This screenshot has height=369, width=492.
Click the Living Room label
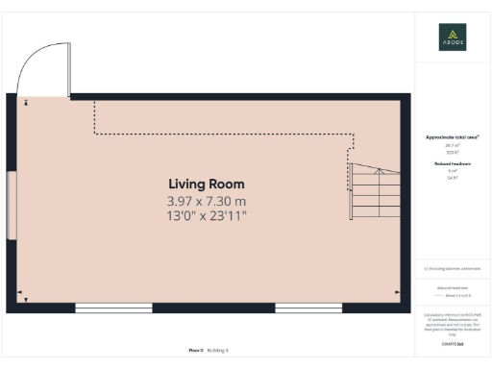point(207,184)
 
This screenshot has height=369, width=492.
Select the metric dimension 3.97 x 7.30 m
point(207,201)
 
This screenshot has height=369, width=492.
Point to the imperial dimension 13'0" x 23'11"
point(207,216)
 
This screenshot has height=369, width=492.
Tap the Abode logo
point(452,37)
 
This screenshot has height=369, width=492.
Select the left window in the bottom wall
point(112,307)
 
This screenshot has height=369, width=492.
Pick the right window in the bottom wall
point(302,307)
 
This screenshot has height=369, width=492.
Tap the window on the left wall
point(12,206)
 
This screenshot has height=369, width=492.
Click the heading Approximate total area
point(452,137)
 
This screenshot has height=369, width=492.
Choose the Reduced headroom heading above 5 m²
point(452,165)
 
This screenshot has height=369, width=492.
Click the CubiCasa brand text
point(452,343)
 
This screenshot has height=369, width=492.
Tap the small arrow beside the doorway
point(26,101)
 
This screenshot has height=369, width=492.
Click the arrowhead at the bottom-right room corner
point(397,291)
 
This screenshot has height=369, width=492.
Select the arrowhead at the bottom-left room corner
point(20,291)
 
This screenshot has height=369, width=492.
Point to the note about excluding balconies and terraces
point(452,268)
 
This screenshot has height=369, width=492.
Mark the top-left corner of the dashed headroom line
point(94,102)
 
